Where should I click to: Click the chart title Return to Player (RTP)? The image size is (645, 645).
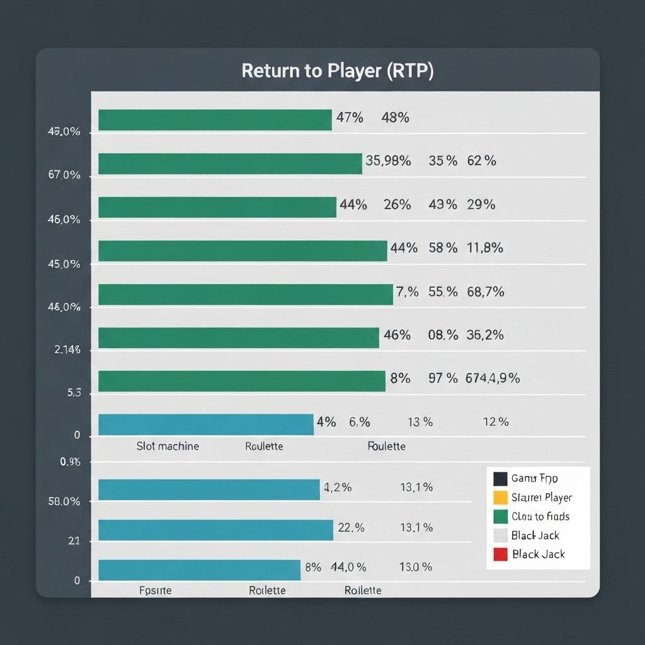(x=337, y=71)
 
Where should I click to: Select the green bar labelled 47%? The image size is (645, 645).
(x=215, y=120)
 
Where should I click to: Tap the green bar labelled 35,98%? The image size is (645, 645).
(x=230, y=164)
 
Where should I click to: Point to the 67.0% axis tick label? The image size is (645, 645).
(x=64, y=175)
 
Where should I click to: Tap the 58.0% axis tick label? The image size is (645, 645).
(x=64, y=502)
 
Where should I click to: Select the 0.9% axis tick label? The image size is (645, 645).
(x=70, y=462)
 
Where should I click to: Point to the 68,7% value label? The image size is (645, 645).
(x=485, y=292)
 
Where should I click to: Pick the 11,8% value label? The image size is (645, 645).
(x=485, y=248)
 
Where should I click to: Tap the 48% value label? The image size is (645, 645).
(x=396, y=117)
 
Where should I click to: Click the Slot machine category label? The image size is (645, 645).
(x=168, y=446)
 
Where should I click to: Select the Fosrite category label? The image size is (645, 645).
(x=155, y=591)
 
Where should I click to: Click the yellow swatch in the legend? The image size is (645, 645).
(x=500, y=498)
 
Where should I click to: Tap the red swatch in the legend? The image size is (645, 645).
(x=500, y=554)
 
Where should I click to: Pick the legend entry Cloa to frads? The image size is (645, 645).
(x=540, y=517)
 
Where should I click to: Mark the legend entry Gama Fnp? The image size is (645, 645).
(x=534, y=479)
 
